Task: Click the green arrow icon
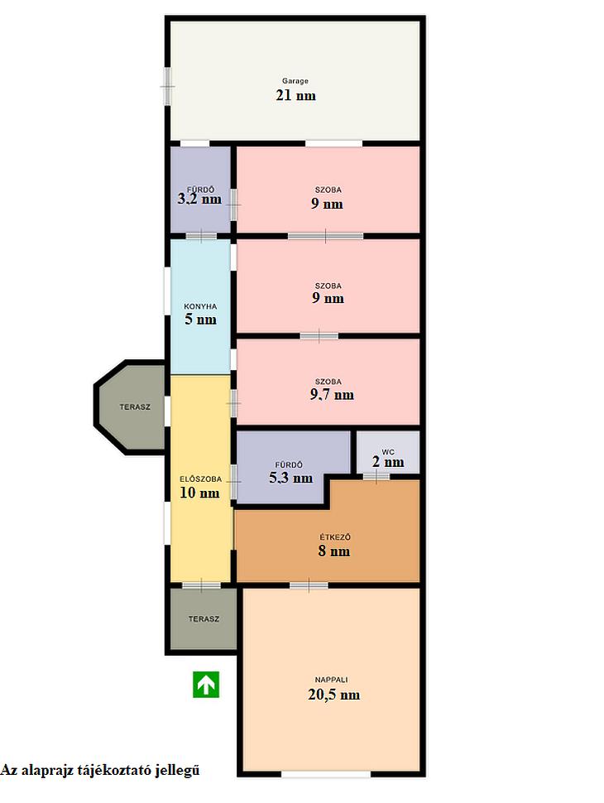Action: pos(206,684)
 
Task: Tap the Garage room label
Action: pos(295,81)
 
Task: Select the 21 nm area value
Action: pos(296,95)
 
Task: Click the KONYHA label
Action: pos(200,306)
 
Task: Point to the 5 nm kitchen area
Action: pos(200,320)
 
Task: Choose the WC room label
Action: pos(388,452)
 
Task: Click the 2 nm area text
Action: pos(388,462)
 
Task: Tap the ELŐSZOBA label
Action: pos(201,478)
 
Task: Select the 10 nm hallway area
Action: pos(199,493)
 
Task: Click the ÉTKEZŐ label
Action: pos(335,537)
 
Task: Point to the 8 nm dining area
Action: pos(333,551)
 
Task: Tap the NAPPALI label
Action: pos(331,680)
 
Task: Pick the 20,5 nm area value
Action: pos(333,695)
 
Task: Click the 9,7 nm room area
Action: pos(332,394)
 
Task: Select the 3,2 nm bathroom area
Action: pos(199,199)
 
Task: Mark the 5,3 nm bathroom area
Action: pos(290,478)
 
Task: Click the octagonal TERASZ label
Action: pos(135,407)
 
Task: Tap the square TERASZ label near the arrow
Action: pos(204,618)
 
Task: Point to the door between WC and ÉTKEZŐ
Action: pos(376,477)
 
